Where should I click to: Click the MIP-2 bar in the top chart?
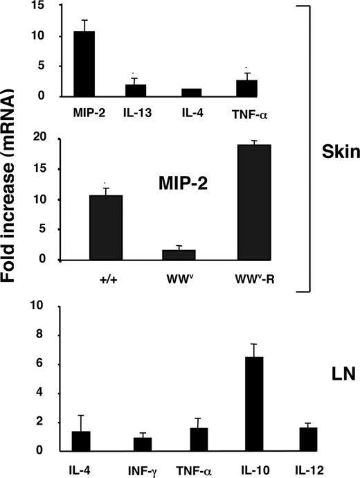click(84, 64)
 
